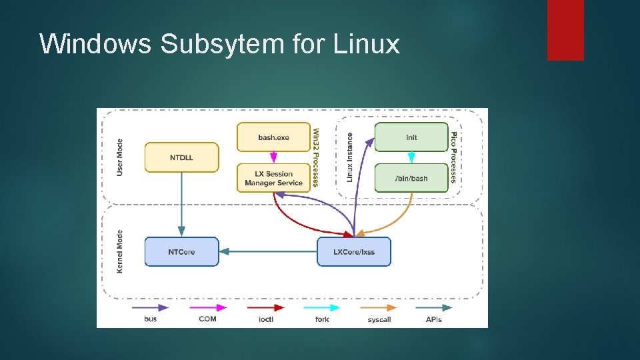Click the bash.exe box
(x=274, y=137)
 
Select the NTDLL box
(x=181, y=157)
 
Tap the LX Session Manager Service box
(x=274, y=178)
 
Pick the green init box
(x=411, y=137)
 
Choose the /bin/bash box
(x=411, y=178)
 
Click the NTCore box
(x=181, y=252)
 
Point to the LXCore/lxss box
(x=354, y=252)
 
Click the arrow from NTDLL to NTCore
(x=181, y=204)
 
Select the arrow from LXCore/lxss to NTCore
(x=267, y=251)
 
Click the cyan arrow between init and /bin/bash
(x=411, y=157)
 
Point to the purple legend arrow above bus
(x=150, y=307)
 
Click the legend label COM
(x=207, y=319)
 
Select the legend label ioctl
(x=265, y=319)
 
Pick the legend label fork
(x=322, y=319)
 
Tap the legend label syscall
(x=379, y=319)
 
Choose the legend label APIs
(x=434, y=319)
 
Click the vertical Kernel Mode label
(x=120, y=251)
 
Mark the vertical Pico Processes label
(x=454, y=157)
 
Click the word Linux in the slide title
(x=366, y=44)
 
